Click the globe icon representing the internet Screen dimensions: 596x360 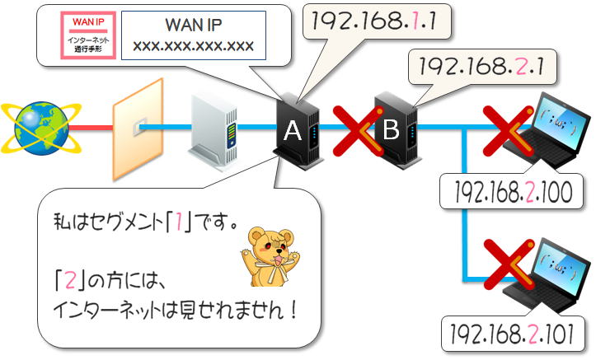(41, 128)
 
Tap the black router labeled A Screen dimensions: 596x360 (298, 131)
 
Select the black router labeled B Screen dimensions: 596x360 (397, 130)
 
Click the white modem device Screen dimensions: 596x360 (215, 130)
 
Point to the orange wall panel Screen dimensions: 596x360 (138, 129)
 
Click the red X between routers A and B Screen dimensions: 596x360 (358, 131)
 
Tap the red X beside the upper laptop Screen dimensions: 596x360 (508, 131)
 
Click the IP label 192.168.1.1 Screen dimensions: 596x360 (373, 21)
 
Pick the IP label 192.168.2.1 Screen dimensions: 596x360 (481, 67)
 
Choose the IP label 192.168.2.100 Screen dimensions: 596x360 (513, 192)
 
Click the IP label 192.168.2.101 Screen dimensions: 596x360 (512, 334)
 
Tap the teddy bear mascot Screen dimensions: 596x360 (270, 256)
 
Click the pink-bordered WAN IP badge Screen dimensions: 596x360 (88, 35)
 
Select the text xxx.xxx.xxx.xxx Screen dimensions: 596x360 (193, 46)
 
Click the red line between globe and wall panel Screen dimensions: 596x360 (92, 128)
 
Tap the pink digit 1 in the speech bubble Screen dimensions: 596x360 (178, 222)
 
